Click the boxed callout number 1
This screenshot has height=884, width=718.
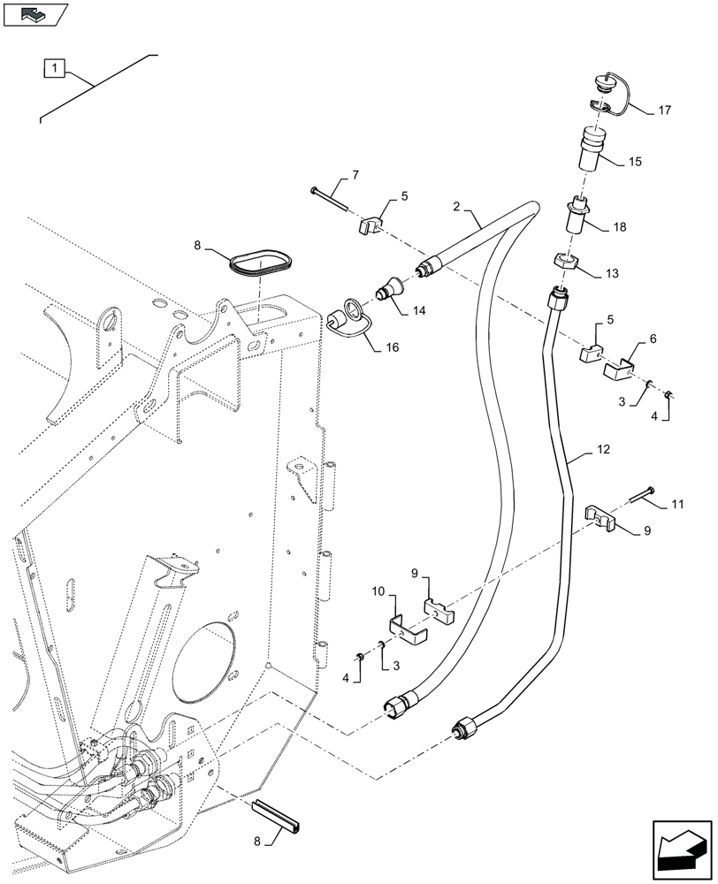pos(55,67)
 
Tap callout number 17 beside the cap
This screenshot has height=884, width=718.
pos(665,111)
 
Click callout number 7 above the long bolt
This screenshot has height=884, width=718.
pos(355,176)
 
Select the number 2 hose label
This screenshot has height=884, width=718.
pos(457,207)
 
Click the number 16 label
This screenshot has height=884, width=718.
pos(392,347)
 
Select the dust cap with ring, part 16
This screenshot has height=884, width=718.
pos(341,319)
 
